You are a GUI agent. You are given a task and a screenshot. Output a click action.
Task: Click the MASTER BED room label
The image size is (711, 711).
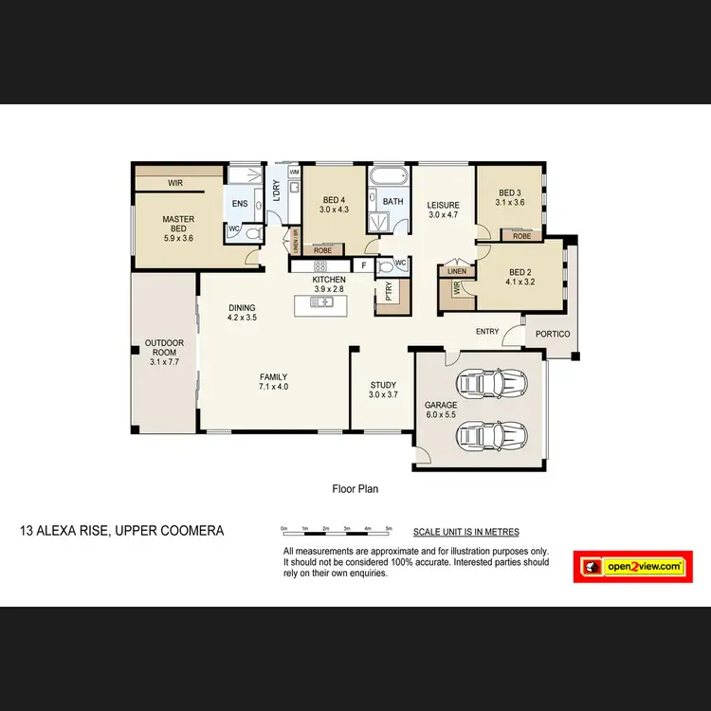pyautogui.click(x=177, y=225)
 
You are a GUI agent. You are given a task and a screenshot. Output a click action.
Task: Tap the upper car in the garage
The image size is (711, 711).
pyautogui.click(x=491, y=384)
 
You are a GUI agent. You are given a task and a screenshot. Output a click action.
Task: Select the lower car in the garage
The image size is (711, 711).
pyautogui.click(x=491, y=436)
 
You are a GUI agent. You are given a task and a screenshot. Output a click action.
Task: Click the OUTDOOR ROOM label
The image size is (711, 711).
pyautogui.click(x=163, y=352)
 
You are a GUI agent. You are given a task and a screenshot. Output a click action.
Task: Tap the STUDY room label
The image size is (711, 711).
pyautogui.click(x=383, y=391)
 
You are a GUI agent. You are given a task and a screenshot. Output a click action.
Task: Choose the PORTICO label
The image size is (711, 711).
pyautogui.click(x=552, y=334)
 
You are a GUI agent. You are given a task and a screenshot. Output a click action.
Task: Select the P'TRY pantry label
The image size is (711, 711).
pyautogui.click(x=389, y=291)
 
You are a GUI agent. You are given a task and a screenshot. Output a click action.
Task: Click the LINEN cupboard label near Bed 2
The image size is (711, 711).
pyautogui.click(x=457, y=272)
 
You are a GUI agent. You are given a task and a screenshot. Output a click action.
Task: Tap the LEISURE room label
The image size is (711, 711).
pyautogui.click(x=443, y=210)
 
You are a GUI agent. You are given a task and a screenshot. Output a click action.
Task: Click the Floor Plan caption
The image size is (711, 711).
pyautogui.click(x=355, y=489)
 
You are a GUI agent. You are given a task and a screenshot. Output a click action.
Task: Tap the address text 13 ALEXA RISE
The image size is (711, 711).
pyautogui.click(x=121, y=531)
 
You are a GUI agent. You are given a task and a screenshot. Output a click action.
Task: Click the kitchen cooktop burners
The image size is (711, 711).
pyautogui.click(x=320, y=266)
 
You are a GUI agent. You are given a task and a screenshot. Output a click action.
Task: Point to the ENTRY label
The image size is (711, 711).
pyautogui.click(x=487, y=331)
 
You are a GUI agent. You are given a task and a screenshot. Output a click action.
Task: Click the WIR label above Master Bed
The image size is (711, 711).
pyautogui.click(x=175, y=182)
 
